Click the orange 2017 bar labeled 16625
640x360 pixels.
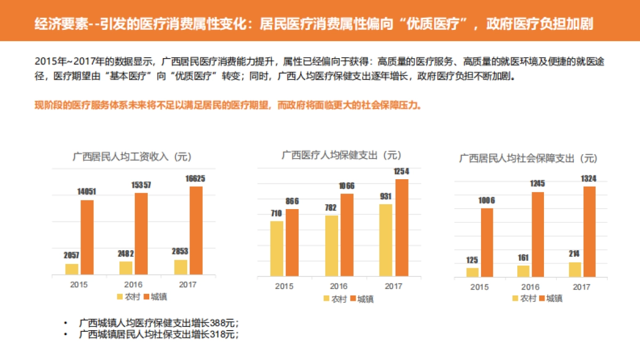coord(196,230)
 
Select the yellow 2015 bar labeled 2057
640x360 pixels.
coord(72,269)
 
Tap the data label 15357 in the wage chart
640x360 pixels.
coord(141,185)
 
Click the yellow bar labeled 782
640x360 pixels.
coord(331,245)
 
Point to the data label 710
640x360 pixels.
coord(276,213)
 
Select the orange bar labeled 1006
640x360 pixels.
coord(487,243)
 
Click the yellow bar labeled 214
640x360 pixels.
coord(575,269)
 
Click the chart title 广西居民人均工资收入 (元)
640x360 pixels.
coord(132,156)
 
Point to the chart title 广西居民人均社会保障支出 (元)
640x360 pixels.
coord(528,158)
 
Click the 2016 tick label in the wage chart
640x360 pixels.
coord(133,285)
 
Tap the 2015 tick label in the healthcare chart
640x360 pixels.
coord(284,286)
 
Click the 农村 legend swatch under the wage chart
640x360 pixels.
coord(121,297)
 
